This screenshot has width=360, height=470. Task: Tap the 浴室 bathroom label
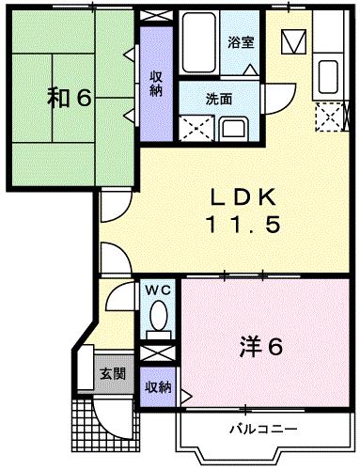click(242, 42)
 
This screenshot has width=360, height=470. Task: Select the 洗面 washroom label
click(221, 96)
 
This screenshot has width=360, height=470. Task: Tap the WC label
click(157, 290)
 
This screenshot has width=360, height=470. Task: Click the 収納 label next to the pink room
click(157, 386)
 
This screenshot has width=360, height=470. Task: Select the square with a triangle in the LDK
click(293, 42)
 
